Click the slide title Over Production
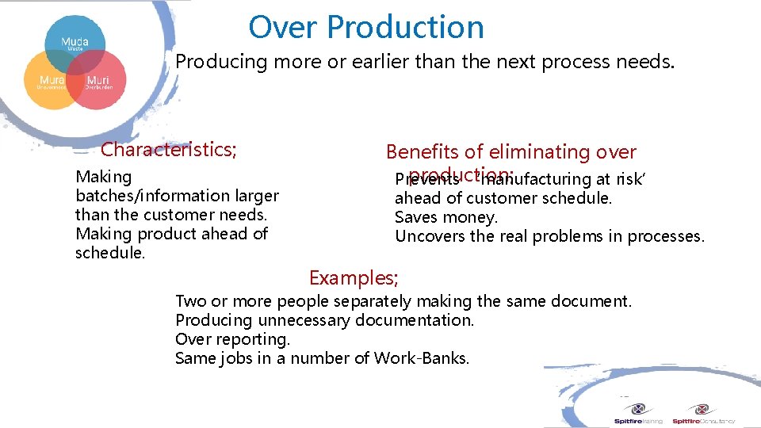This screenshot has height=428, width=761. tap(365, 28)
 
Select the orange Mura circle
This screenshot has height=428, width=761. tap(51, 81)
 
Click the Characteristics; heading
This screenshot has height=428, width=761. tap(168, 149)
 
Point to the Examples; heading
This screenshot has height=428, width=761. tap(354, 278)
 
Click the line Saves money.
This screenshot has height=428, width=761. tap(446, 217)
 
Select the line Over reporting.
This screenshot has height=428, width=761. tap(232, 339)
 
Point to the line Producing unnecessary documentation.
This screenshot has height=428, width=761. tap(324, 320)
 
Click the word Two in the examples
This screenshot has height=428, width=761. tap(190, 301)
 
